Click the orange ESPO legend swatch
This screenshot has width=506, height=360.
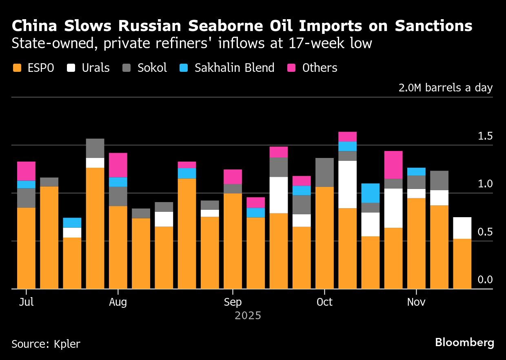17,68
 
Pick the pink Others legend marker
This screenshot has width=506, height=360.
291,68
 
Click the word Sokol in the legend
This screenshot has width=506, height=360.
152,68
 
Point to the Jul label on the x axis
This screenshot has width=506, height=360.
26,302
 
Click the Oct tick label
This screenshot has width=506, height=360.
324,302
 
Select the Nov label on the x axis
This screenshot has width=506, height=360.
416,302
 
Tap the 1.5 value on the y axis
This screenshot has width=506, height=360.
485,136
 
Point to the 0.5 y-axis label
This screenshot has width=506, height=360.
485,232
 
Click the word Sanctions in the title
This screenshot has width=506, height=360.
433,26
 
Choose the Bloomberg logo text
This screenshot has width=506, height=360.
464,342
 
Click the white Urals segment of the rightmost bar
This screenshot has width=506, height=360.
462,228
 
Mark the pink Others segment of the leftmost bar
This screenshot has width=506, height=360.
26,171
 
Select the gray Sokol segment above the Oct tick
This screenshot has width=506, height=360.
324,172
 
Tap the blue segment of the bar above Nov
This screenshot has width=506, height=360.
416,171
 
